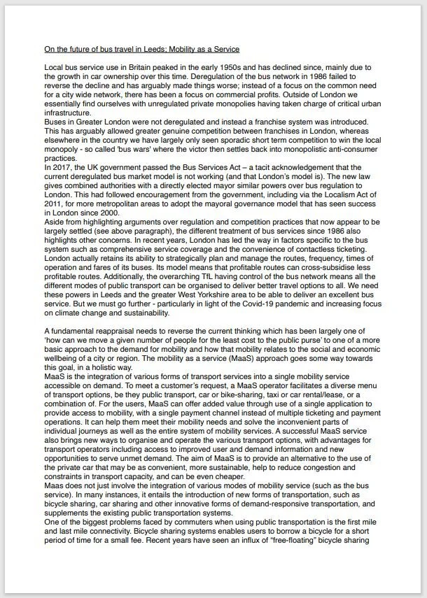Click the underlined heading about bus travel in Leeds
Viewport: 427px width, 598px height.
[x=141, y=49]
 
